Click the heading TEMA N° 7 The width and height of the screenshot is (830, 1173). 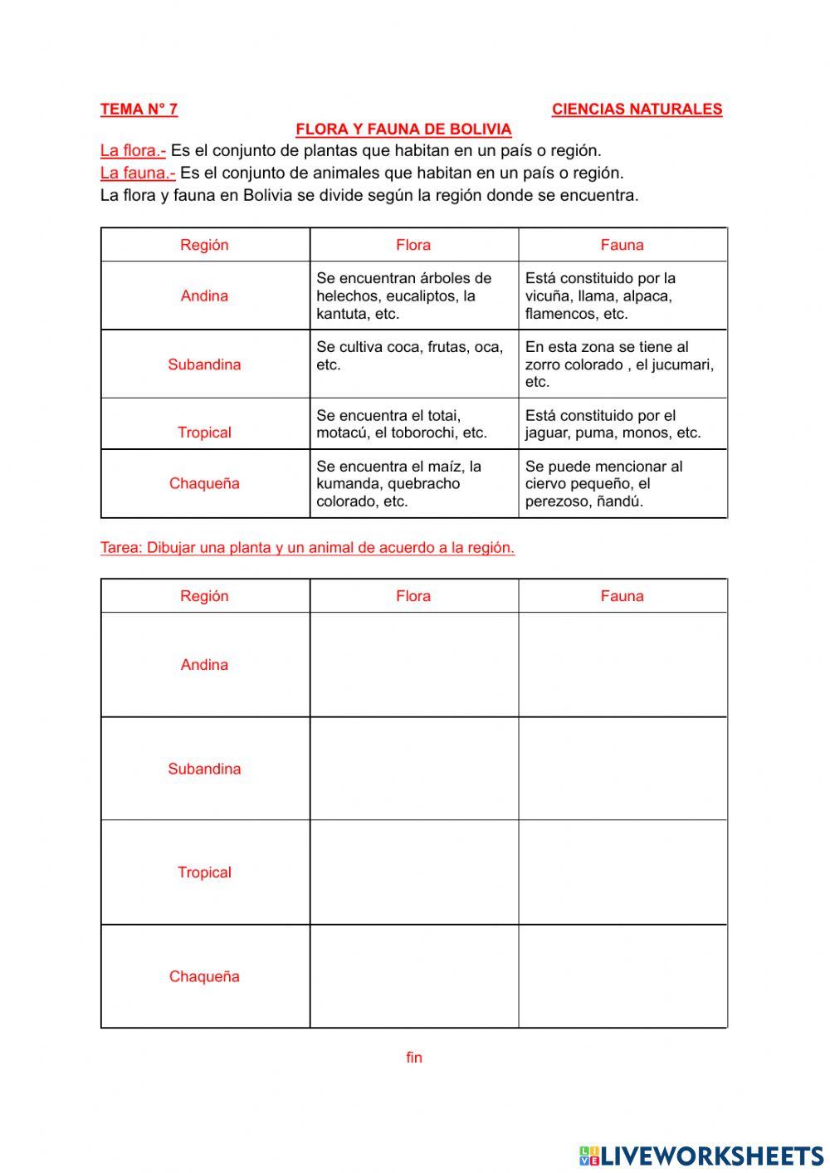point(139,109)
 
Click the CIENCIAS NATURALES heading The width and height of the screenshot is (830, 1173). point(637,109)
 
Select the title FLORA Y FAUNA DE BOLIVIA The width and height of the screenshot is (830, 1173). point(403,130)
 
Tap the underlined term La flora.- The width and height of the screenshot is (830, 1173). point(133,151)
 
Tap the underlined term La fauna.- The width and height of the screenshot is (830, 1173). point(137,174)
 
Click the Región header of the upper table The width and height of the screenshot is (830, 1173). point(204,245)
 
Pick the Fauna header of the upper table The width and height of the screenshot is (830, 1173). point(622,245)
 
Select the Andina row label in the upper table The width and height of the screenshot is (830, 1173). point(204,296)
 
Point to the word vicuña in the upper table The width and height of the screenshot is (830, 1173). point(547,296)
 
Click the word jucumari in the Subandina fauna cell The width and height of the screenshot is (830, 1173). point(681,364)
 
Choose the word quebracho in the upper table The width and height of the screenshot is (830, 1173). point(423,484)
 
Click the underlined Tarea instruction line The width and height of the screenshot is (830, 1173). point(307,548)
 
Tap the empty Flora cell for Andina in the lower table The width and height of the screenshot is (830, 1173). point(413,665)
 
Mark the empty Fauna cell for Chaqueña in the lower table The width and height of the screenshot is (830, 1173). point(622,976)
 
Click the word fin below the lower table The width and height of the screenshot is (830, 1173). point(414,1058)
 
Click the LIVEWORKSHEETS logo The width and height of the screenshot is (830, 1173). point(701,1156)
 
